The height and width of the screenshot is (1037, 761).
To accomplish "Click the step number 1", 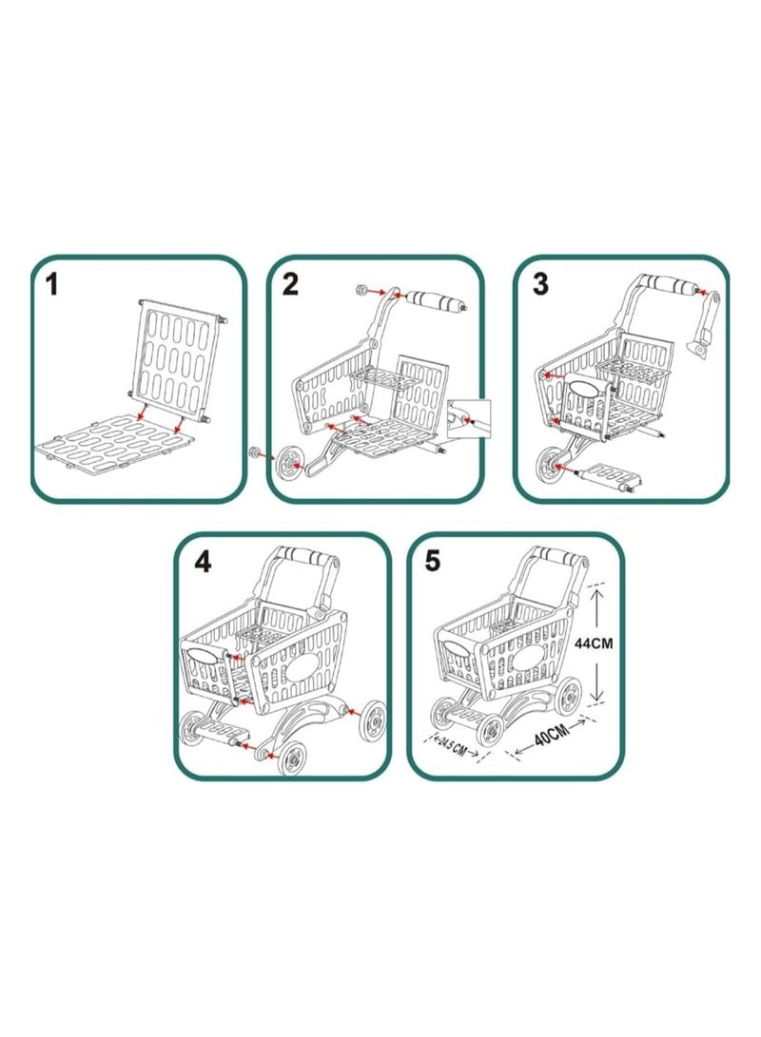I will (x=54, y=283).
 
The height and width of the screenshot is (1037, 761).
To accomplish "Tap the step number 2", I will (x=290, y=283).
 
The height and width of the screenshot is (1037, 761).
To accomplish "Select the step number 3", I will (x=540, y=283).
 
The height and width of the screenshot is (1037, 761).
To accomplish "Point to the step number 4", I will (x=202, y=562).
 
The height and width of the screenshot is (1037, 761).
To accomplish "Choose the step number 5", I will (x=434, y=561).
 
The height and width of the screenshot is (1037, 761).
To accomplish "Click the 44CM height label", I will (x=595, y=643).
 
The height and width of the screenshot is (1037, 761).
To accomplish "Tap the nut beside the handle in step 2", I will (x=361, y=289).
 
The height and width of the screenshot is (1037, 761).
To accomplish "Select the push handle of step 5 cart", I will (x=550, y=560).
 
